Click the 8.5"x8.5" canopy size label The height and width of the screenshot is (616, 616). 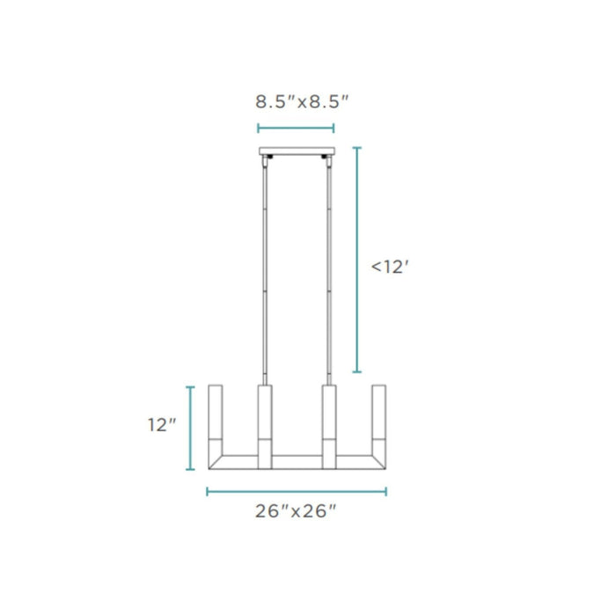[x=297, y=101]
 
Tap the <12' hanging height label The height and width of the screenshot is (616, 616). [x=390, y=267]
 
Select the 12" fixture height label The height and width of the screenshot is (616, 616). [x=162, y=425]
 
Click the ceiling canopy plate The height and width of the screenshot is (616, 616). [x=297, y=151]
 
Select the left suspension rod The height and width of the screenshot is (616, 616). [x=265, y=264]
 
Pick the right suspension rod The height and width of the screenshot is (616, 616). [x=328, y=264]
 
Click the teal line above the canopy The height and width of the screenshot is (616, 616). [x=297, y=128]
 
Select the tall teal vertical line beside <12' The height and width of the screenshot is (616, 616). [x=356, y=260]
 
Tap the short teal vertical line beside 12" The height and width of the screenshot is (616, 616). [x=190, y=428]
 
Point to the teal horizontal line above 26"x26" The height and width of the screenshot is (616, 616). [x=297, y=490]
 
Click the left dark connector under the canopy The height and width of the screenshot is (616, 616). [x=268, y=158]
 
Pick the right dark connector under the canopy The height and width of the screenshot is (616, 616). [x=326, y=158]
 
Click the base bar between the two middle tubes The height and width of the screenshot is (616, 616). [x=297, y=462]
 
